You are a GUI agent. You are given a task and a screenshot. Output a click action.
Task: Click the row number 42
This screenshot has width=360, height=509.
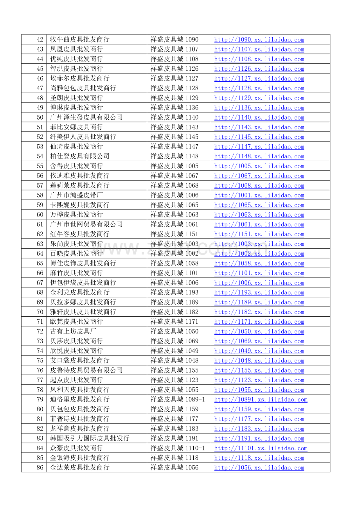click(40, 39)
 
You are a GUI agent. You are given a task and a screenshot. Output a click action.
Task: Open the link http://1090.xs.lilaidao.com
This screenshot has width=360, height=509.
click(259, 39)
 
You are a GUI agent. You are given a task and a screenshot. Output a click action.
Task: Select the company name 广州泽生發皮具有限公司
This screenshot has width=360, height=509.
click(86, 117)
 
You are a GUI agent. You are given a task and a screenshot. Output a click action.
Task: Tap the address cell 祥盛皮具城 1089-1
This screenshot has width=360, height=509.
click(178, 399)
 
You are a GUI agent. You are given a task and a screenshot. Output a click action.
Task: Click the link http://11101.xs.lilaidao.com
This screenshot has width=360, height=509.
click(261, 448)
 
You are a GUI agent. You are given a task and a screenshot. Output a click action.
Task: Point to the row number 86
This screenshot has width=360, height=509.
click(40, 467)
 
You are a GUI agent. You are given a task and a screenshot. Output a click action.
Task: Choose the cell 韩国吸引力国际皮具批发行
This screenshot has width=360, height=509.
click(90, 438)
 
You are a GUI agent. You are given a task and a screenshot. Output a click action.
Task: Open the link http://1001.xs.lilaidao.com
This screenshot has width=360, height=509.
click(259, 195)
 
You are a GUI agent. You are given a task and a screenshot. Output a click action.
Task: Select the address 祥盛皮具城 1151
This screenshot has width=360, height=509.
click(175, 234)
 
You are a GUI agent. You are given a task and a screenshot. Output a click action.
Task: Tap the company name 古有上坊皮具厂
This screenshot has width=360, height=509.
click(73, 331)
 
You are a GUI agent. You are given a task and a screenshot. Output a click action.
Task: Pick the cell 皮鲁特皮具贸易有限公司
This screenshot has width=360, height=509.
click(86, 370)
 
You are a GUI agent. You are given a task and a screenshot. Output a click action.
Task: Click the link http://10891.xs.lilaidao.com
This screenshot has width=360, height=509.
click(261, 399)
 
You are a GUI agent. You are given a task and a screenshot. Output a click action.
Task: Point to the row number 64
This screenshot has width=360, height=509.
click(40, 253)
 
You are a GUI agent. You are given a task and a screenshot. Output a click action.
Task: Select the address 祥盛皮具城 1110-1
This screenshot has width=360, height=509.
click(178, 448)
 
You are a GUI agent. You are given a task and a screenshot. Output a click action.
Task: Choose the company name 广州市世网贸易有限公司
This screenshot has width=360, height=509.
click(86, 224)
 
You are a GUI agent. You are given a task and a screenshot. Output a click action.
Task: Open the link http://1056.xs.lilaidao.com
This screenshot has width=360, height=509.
click(259, 467)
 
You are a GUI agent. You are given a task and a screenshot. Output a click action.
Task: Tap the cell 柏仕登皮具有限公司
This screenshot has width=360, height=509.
click(80, 156)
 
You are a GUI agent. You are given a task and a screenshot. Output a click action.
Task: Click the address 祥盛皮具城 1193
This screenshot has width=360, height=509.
click(175, 292)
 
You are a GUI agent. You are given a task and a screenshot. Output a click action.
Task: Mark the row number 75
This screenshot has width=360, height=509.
click(40, 360)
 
